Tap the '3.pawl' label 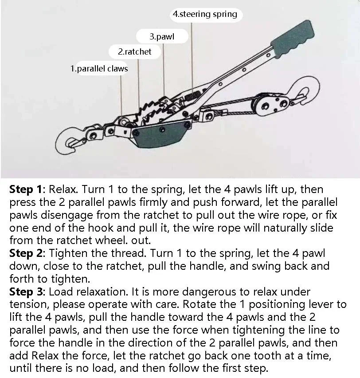click(x=162, y=37)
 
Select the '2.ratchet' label click(x=134, y=51)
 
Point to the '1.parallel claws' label click(x=99, y=69)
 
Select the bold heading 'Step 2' click(x=26, y=253)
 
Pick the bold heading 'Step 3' click(x=26, y=291)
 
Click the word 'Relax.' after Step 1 click(x=63, y=189)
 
